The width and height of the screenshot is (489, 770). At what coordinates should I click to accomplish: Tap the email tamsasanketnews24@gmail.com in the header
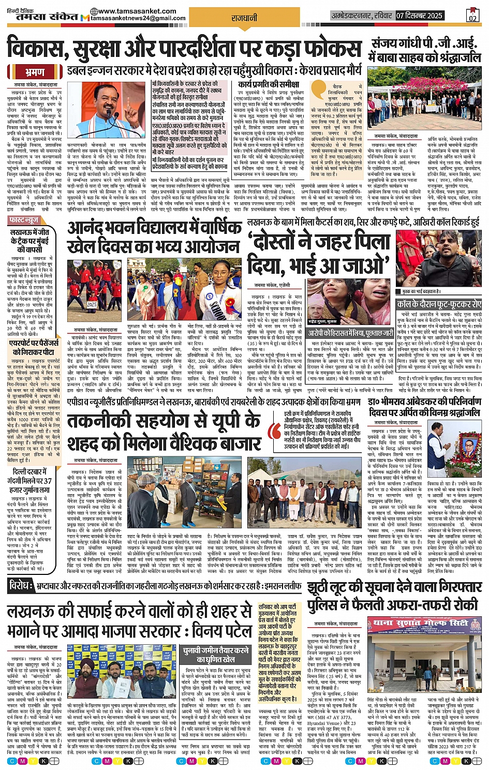tap(138, 19)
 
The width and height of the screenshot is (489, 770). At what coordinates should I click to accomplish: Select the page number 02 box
tap(472, 16)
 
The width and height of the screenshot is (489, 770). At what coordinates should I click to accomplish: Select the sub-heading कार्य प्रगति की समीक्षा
tap(269, 84)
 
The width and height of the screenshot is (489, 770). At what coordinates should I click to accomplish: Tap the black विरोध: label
tap(21, 586)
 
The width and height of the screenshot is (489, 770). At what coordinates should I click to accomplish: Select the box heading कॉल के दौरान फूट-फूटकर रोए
tap(439, 304)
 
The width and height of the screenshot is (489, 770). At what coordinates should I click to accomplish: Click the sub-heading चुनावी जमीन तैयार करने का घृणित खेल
tap(216, 655)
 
